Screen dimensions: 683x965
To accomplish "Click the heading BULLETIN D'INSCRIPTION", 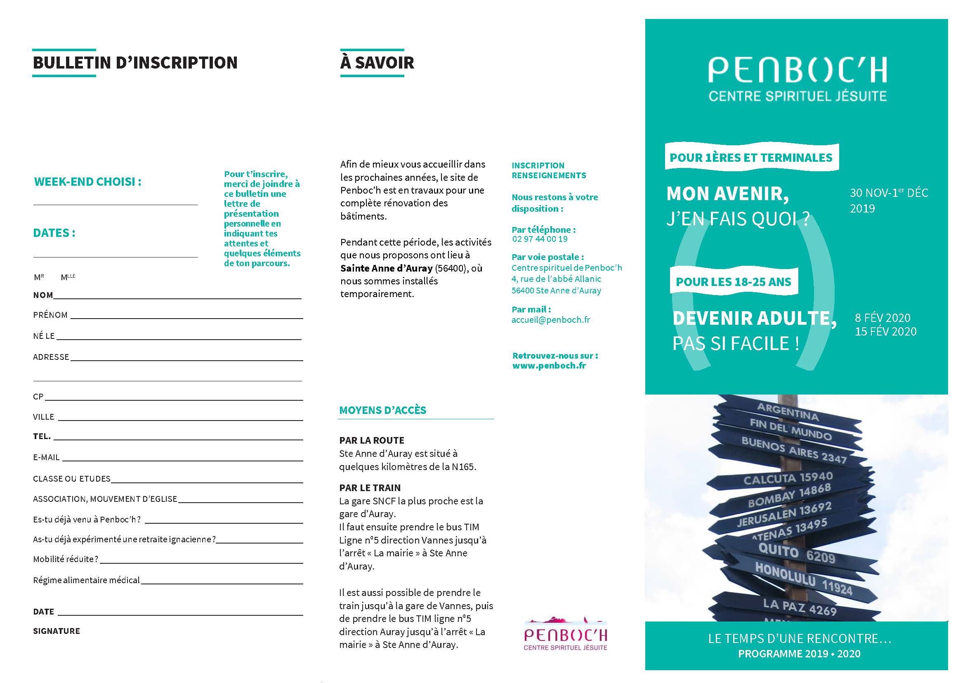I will pyautogui.click(x=135, y=63).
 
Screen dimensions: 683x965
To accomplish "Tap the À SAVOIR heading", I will pyautogui.click(x=377, y=63).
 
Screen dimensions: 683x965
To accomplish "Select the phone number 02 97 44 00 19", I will pyautogui.click(x=540, y=239).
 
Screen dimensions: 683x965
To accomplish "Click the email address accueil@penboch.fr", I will pyautogui.click(x=550, y=320).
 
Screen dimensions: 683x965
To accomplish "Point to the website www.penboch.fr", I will pyautogui.click(x=549, y=366).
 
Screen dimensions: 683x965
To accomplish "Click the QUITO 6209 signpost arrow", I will pyautogui.click(x=796, y=553).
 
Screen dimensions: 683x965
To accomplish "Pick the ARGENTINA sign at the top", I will pyautogui.click(x=788, y=412).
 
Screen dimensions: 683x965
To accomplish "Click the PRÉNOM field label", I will pyautogui.click(x=50, y=315).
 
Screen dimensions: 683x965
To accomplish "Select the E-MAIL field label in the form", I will pyautogui.click(x=46, y=457).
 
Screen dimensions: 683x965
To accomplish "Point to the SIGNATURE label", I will pyautogui.click(x=57, y=631).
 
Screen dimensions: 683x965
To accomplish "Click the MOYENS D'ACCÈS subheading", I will pyautogui.click(x=382, y=410).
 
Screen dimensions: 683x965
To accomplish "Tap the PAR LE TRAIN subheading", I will pyautogui.click(x=370, y=488).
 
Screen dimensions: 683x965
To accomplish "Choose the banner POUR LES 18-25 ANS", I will pyautogui.click(x=733, y=282).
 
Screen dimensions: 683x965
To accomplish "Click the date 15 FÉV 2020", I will pyautogui.click(x=885, y=331).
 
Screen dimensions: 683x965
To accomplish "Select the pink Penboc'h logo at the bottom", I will pyautogui.click(x=565, y=635).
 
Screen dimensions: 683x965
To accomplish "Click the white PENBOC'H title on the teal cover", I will pyautogui.click(x=797, y=70).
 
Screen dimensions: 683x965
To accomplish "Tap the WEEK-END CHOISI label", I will pyautogui.click(x=87, y=182).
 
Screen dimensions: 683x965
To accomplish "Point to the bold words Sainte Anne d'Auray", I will pyautogui.click(x=386, y=268).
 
